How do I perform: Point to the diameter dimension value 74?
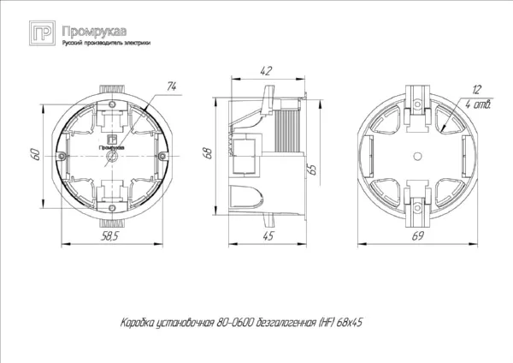tap(170, 86)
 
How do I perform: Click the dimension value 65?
tap(314, 167)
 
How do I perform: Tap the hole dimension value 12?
tap(477, 88)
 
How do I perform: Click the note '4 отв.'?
tap(479, 104)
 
